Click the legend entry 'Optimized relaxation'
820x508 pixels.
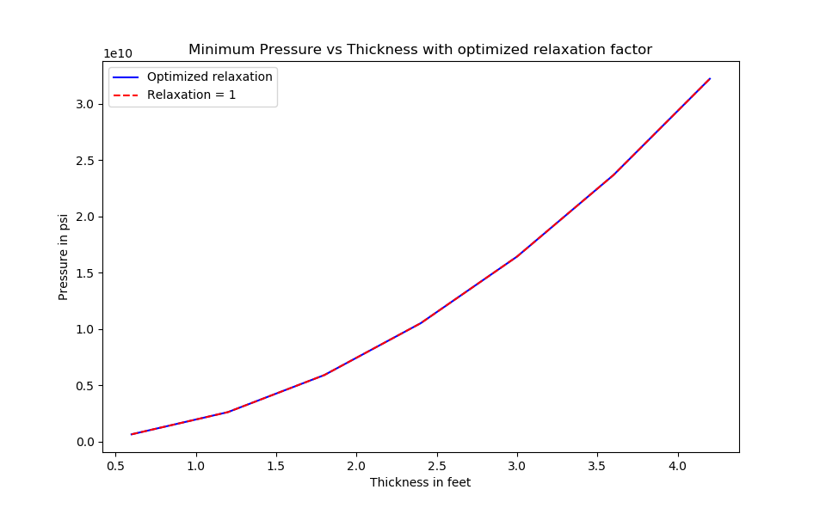209,77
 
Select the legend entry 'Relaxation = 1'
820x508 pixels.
191,95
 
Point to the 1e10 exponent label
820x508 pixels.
118,53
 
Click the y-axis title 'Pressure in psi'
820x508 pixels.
64,256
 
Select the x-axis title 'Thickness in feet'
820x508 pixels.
420,482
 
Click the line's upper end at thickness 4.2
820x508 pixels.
710,78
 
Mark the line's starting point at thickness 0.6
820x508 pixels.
132,434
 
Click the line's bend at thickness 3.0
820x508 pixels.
517,256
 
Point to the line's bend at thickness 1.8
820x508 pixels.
324,375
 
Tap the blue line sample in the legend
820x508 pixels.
126,77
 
